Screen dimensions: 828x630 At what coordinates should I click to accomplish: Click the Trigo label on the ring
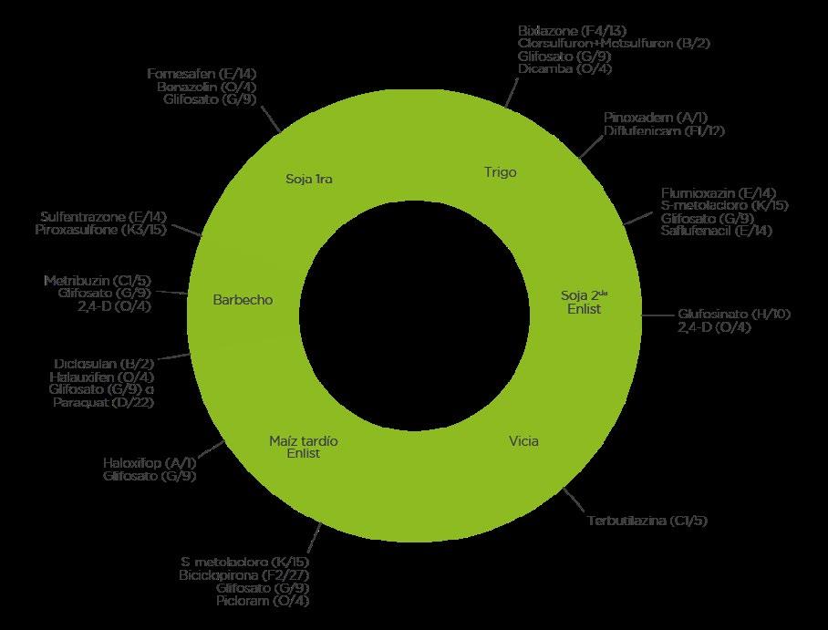[x=501, y=172]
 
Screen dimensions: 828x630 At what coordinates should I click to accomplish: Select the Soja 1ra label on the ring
[x=309, y=179]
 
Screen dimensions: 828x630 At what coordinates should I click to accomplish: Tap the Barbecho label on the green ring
[x=243, y=300]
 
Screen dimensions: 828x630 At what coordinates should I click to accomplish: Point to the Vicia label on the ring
[x=523, y=441]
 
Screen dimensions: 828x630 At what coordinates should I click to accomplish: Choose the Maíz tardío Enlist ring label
[x=304, y=447]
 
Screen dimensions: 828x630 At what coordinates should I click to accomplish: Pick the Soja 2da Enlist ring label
[x=584, y=302]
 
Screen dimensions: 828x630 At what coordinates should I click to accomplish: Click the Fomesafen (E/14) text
[x=195, y=74]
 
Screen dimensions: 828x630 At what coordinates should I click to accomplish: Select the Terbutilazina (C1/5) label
[x=647, y=521]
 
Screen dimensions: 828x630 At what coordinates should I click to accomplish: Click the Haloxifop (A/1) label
[x=150, y=463]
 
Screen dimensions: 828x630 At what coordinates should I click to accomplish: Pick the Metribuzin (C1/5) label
[x=98, y=280]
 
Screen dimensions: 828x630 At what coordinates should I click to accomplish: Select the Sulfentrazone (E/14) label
[x=103, y=217]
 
